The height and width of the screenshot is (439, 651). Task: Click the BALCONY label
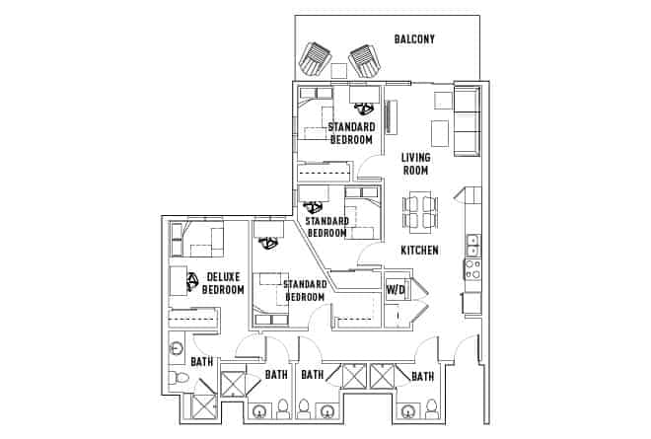tap(414, 39)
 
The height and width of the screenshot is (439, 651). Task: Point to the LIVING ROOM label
tap(414, 164)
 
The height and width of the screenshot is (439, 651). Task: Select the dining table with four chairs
tap(419, 210)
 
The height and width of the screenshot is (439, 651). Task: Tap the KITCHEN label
tap(419, 251)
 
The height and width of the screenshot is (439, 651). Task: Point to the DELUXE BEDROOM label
tap(223, 283)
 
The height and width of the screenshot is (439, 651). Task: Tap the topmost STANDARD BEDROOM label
tap(351, 133)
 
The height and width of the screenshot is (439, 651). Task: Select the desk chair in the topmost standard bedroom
tap(363, 108)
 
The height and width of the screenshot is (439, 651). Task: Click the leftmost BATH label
tap(201, 362)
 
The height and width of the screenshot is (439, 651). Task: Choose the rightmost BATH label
tap(422, 376)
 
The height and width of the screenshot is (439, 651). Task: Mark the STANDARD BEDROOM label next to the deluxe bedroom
tap(306, 290)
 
